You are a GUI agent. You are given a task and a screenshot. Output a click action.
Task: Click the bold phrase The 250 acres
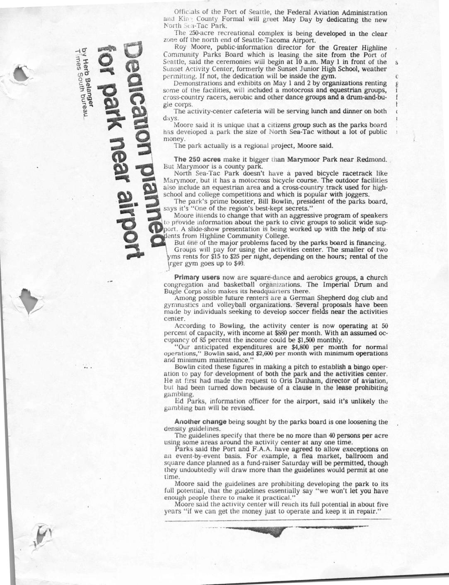click(198, 159)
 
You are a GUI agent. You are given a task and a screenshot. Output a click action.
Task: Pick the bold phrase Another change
click(200, 422)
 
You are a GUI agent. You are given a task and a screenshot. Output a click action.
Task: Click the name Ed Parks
click(189, 401)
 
